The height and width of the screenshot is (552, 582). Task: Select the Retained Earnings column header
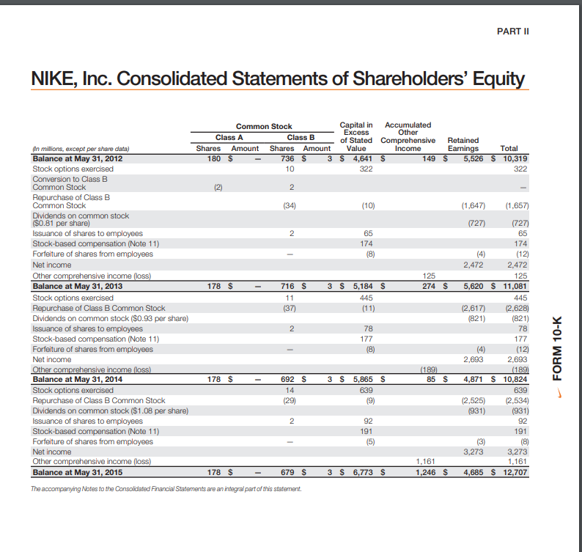coord(463,144)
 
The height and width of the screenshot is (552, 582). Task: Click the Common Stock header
coord(264,127)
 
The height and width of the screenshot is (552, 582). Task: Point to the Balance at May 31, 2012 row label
coord(72,158)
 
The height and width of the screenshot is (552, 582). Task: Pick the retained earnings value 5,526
coord(467,158)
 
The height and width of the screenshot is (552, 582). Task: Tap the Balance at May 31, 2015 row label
coord(72,473)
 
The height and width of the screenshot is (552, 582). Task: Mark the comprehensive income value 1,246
coord(426,473)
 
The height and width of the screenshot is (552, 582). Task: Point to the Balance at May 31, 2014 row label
coord(72,380)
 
